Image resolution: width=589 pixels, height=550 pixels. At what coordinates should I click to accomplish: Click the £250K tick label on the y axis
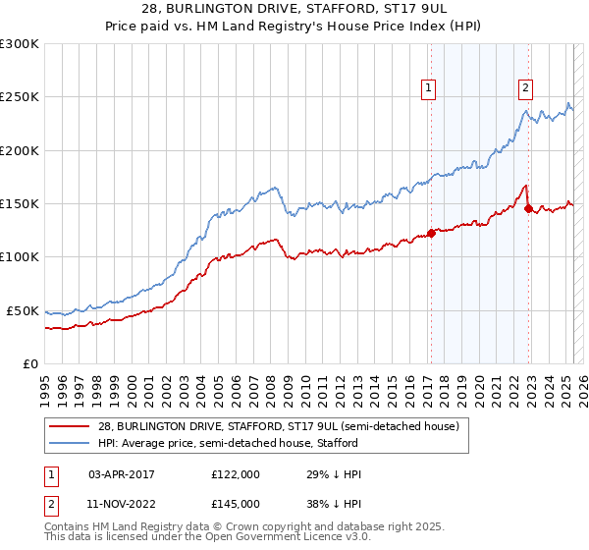pyautogui.click(x=20, y=97)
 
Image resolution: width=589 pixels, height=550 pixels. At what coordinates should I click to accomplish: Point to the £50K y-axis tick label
pyautogui.click(x=23, y=310)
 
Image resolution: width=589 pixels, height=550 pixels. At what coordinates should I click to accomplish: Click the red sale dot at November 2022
pyautogui.click(x=528, y=209)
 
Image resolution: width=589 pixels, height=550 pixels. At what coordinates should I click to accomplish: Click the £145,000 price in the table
pyautogui.click(x=235, y=503)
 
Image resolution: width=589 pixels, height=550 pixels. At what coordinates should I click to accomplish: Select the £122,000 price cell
pyautogui.click(x=235, y=474)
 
